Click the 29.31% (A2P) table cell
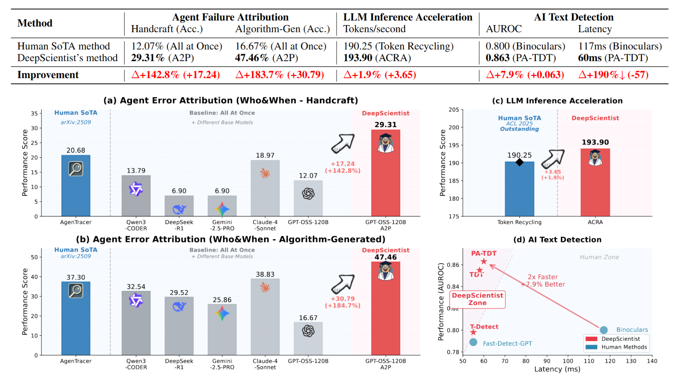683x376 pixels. [x=162, y=58]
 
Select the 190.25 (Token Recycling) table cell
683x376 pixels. [x=398, y=46]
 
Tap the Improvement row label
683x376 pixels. [x=48, y=75]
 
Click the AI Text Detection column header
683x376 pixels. [x=574, y=17]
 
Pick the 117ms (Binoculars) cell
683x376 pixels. [x=620, y=46]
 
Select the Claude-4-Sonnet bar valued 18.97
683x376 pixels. [x=265, y=188]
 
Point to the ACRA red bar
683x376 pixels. [x=595, y=182]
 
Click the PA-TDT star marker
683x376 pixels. [x=484, y=261]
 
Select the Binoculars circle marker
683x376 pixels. [x=604, y=330]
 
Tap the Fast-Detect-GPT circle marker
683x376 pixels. [x=473, y=342]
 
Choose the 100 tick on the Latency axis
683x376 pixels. [x=568, y=361]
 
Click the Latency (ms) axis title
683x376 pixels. [x=557, y=369]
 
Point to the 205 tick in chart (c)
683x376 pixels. [x=454, y=110]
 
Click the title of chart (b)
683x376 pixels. [x=231, y=239]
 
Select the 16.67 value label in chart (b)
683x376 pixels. [x=308, y=318]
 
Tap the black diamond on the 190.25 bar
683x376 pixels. [x=519, y=163]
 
